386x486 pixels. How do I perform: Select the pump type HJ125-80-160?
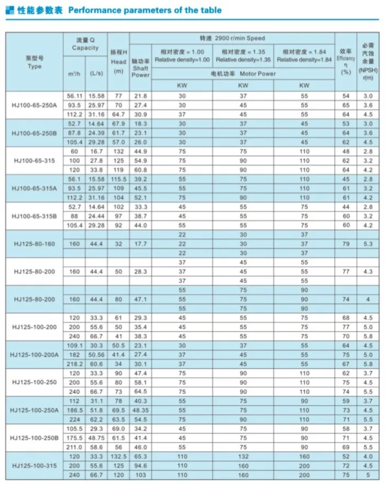tap(33, 243)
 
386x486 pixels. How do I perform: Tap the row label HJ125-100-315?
tap(33, 465)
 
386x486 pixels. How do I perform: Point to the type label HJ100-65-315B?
tap(33, 216)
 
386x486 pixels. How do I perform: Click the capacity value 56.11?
tap(74, 96)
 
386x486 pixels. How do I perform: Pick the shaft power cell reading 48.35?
tap(140, 410)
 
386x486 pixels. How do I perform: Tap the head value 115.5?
tap(119, 179)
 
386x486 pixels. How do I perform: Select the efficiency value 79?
tap(345, 243)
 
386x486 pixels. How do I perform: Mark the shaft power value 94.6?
tap(140, 465)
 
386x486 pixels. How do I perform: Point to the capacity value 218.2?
tap(74, 364)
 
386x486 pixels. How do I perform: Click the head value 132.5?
tap(119, 456)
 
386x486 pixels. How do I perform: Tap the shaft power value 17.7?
tap(140, 243)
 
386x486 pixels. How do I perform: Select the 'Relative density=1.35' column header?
tap(243, 59)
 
